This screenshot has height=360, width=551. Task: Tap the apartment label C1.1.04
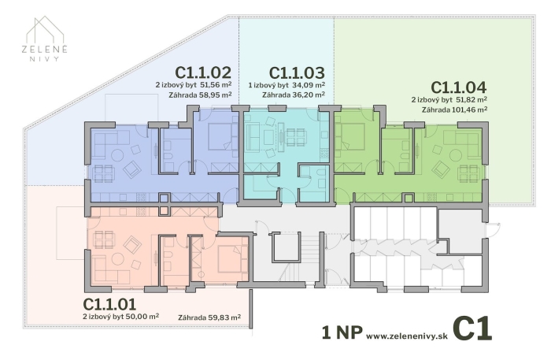click(x=458, y=87)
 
